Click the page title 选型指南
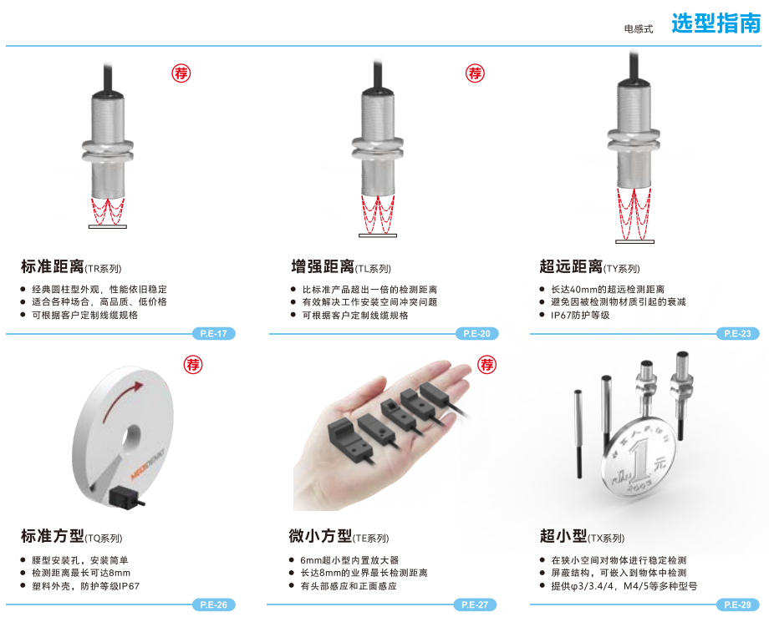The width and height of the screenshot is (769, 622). pos(716,23)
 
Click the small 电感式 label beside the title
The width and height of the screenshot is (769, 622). pos(639,29)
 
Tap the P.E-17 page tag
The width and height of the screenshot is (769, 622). pos(214,333)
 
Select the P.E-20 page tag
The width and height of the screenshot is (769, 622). pos(476,333)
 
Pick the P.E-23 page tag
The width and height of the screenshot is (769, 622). pos(737,333)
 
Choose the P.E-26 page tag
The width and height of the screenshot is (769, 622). pos(214,604)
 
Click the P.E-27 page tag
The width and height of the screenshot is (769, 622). pos(475,604)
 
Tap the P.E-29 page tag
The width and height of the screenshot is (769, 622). pos(737,604)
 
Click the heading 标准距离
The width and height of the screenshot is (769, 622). pos(52,266)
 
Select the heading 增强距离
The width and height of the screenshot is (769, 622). pos(322,266)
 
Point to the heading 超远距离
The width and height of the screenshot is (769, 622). pos(571,266)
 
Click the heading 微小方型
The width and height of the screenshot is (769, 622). pos(320,536)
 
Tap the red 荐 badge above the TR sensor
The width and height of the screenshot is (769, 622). pos(181,73)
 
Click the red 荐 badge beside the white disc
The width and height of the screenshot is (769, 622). pos(193,365)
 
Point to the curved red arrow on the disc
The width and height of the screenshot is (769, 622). pos(120,397)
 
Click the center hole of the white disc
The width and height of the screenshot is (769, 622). pos(130,437)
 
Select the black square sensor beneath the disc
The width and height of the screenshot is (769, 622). pos(124,498)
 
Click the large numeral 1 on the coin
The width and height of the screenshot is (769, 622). pos(639,460)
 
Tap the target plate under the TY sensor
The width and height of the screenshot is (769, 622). pos(634,241)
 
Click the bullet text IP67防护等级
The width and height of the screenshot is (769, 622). pos(580,316)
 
